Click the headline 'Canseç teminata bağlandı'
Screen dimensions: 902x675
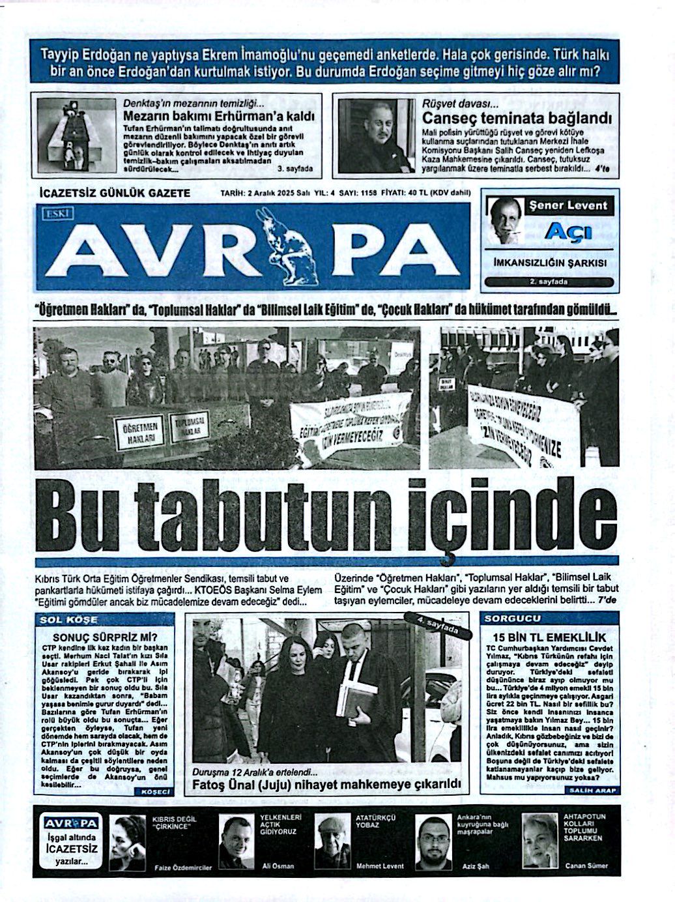pyautogui.click(x=517, y=118)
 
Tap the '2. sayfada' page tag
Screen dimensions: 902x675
pyautogui.click(x=549, y=282)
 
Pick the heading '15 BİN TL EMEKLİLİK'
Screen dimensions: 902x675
pyautogui.click(x=549, y=637)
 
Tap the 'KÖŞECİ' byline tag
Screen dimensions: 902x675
pyautogui.click(x=154, y=791)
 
